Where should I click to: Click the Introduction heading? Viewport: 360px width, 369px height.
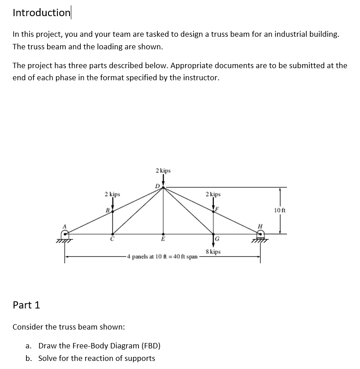[41, 13]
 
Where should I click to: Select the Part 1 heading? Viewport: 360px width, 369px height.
[26, 305]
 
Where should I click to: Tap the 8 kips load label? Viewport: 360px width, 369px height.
[213, 252]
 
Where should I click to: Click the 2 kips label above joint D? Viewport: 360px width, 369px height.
[163, 171]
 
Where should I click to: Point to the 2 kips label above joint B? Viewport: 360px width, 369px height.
[112, 195]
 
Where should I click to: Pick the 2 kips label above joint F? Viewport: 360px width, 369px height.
[213, 195]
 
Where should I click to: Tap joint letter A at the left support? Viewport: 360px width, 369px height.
[65, 226]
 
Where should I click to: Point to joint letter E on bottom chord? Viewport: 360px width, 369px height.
[163, 239]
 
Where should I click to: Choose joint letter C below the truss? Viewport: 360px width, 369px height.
[113, 239]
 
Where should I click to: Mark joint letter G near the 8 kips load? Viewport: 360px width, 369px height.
[217, 238]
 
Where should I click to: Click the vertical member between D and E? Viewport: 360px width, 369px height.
[163, 211]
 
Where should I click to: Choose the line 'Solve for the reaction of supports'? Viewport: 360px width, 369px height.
[96, 358]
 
